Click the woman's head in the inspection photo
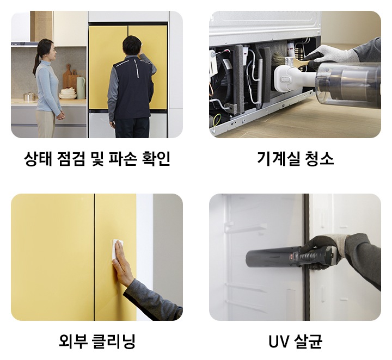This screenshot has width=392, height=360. pos(46,49)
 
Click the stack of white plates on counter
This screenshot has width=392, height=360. pos(68,94)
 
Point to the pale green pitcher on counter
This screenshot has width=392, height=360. pos(81,87)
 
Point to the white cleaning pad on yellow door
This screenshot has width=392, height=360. pos(118,250)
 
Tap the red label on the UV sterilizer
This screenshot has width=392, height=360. pos(293,255)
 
